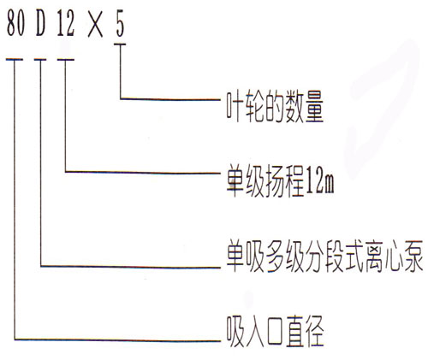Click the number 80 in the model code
pos(15,23)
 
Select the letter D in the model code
pos(40,23)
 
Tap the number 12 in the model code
pos(66,23)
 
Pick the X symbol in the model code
pos(95,26)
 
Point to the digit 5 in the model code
pos(121,23)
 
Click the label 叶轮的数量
pos(275,107)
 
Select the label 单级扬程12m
pos(280,181)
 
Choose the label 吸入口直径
pos(276,331)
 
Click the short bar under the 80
pos(15,60)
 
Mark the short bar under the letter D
pos(40,60)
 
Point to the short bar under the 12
pos(66,60)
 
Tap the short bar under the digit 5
pos(120,44)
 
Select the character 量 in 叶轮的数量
pos(315,107)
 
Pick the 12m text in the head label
pos(319,181)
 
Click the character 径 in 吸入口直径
pos(315,331)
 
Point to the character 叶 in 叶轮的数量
pos(235,107)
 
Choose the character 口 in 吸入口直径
pos(275,333)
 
